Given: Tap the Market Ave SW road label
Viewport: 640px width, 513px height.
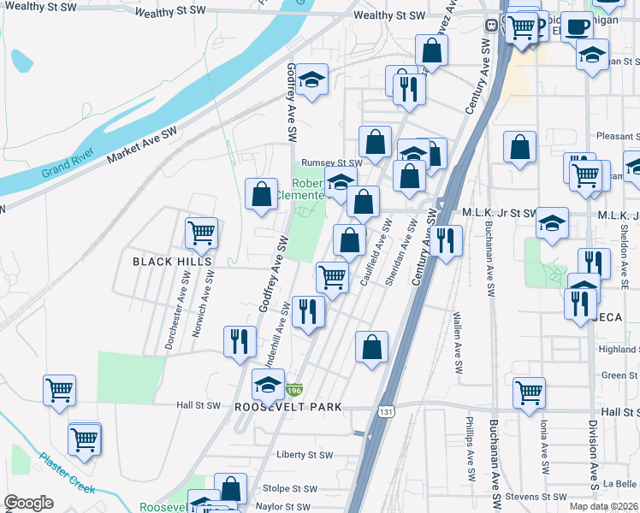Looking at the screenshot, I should (x=141, y=145).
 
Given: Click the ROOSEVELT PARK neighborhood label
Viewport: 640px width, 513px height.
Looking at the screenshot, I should (x=288, y=407).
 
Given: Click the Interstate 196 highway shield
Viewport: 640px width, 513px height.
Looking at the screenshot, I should (x=293, y=390).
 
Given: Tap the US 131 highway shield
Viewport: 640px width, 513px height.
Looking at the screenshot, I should (x=386, y=412).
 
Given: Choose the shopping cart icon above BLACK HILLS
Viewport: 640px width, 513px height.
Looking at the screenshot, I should (x=201, y=232).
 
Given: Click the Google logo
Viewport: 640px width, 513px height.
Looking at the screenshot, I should (x=28, y=503).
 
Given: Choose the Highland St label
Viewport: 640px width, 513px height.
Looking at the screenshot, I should (x=619, y=349).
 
